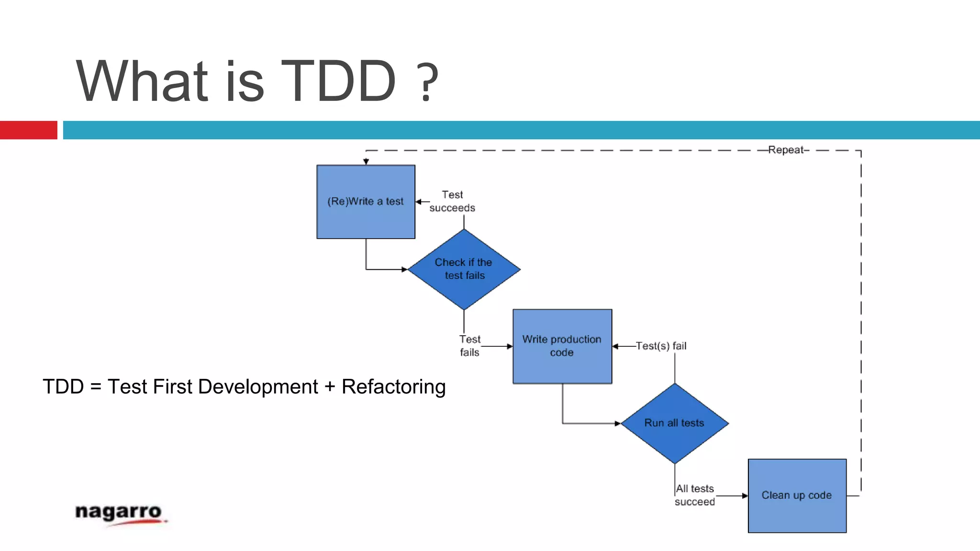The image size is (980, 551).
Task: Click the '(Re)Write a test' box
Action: [366, 201]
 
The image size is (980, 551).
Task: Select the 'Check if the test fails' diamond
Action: [464, 269]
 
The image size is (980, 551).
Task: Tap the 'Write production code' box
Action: [562, 346]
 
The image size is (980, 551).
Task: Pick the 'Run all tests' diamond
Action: [674, 423]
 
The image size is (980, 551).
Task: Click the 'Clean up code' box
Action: [797, 496]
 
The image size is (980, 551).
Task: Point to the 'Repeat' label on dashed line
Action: [786, 150]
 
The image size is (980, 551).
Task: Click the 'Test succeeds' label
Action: [452, 201]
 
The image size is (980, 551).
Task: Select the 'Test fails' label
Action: [470, 346]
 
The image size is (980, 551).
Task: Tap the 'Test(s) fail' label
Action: [661, 346]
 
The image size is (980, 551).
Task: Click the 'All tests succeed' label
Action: [695, 495]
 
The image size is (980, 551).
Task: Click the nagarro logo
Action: [120, 514]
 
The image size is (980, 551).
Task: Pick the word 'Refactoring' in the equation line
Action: [393, 387]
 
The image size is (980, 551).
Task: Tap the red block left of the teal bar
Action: [28, 130]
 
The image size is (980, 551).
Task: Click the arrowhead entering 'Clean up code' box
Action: [745, 496]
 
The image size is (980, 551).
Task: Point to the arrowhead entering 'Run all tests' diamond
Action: [618, 423]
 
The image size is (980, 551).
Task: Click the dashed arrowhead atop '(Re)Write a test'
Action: [366, 162]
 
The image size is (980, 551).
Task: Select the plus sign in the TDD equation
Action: [329, 387]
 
